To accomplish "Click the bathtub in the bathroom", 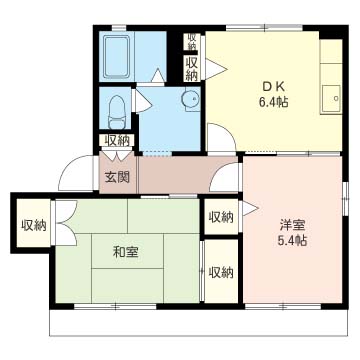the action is click(117, 56).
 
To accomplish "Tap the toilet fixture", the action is click(117, 112).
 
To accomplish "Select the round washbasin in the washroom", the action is click(190, 99).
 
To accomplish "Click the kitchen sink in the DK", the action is click(331, 99).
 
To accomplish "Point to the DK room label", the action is click(273, 87).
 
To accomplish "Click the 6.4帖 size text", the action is click(273, 102).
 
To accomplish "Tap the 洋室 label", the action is click(292, 226).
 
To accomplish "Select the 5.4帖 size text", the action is click(292, 241).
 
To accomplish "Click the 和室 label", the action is click(125, 252).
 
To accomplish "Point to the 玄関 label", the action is click(117, 178).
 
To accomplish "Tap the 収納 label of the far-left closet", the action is click(34, 226).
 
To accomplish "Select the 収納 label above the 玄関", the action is click(117, 140).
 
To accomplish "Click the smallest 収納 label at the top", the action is click(192, 41).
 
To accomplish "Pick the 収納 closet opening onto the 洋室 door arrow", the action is click(221, 217).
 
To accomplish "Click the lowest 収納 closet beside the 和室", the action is click(221, 271).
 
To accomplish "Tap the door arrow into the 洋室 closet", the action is click(250, 209).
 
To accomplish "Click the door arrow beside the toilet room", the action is click(142, 102).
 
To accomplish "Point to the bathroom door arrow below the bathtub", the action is click(158, 75).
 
